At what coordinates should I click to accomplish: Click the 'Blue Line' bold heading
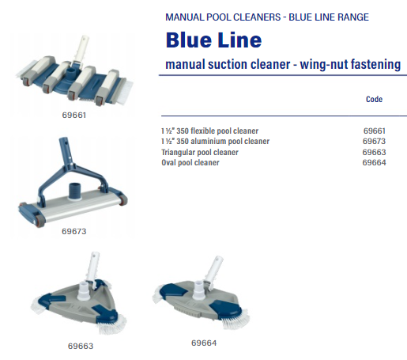point(213,40)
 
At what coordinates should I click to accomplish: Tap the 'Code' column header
point(374,99)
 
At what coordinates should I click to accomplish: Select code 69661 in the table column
point(375,131)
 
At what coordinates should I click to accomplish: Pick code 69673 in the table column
point(374,141)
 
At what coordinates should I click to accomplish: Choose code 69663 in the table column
point(374,152)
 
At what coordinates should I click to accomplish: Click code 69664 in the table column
point(374,162)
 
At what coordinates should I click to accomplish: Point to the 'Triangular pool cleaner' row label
point(200,152)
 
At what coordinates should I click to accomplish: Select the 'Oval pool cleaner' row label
point(190,162)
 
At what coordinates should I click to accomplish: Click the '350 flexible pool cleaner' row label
point(217,131)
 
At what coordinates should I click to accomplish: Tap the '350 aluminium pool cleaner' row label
point(223,141)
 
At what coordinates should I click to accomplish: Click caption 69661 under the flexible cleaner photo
point(74,116)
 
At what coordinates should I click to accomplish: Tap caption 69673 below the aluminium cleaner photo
point(74,231)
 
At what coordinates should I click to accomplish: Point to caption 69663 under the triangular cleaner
point(81,346)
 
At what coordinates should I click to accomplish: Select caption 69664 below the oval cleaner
point(204,343)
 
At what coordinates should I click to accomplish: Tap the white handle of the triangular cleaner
point(92,267)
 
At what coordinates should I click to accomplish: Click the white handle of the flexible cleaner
point(81,49)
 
